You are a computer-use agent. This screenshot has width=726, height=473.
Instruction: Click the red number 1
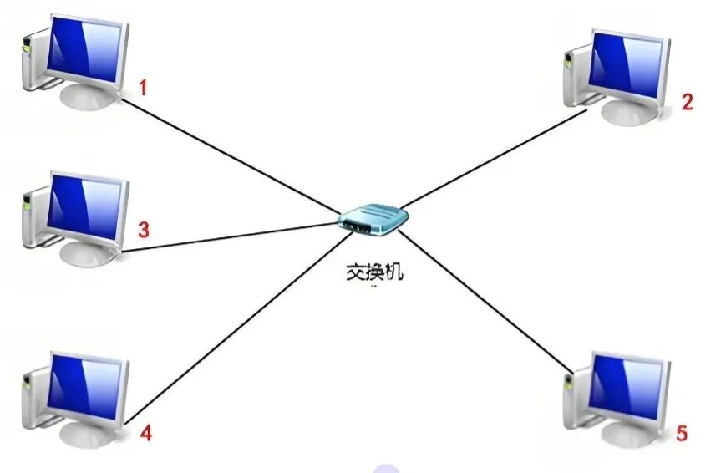(x=143, y=87)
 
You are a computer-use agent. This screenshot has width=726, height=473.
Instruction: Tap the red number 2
(x=688, y=101)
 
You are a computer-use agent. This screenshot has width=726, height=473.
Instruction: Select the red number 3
(x=144, y=229)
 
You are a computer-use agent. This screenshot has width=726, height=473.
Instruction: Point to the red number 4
(x=146, y=433)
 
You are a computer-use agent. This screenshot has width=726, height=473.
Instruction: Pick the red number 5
(x=682, y=433)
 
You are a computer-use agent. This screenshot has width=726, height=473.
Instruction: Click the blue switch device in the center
(x=373, y=220)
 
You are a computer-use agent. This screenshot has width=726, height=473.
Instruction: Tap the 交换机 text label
(x=374, y=272)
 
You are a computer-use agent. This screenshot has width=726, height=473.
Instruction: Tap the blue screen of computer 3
(x=84, y=207)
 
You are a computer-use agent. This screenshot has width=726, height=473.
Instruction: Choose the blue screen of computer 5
(x=627, y=387)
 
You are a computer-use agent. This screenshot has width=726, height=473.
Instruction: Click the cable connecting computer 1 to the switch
(x=230, y=156)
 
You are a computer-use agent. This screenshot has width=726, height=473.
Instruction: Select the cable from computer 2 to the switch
(x=494, y=159)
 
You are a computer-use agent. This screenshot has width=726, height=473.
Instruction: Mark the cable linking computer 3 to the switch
(x=230, y=238)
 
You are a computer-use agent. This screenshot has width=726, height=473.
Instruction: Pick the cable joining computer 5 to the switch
(x=485, y=302)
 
